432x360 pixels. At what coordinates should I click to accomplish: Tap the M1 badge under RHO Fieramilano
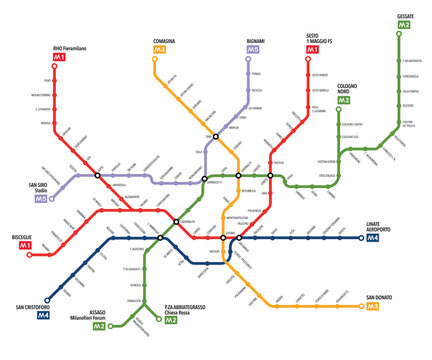point(59,58)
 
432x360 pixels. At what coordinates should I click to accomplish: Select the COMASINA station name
point(164,38)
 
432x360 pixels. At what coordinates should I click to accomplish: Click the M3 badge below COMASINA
point(159,49)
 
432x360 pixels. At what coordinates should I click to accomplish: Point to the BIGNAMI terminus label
point(255,38)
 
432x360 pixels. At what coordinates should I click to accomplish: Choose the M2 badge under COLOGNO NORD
point(344,100)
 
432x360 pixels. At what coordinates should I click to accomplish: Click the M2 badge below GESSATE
point(404,28)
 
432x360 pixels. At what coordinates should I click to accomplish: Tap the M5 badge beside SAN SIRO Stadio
point(41,200)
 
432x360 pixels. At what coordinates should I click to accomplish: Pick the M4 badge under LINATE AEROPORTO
point(372,238)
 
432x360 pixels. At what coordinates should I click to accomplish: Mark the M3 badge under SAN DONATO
point(372,307)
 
